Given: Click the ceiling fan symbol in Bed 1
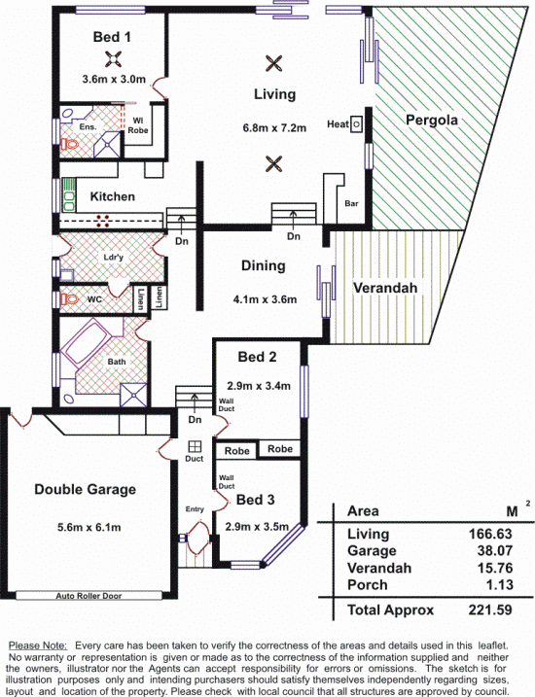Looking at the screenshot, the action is [114, 58].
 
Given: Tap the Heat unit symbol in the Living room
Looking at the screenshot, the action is [356, 124].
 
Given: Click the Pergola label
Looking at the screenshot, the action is [431, 120].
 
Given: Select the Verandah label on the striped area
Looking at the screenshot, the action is [385, 288].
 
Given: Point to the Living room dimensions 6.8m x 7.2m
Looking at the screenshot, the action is [274, 128].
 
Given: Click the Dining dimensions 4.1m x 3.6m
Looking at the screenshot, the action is [265, 299].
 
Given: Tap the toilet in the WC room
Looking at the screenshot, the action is [69, 299].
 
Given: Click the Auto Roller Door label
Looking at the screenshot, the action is [89, 596].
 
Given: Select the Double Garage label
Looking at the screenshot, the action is [85, 489].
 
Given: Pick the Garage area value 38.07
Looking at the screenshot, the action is [495, 551].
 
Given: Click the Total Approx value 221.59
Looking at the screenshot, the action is [490, 610].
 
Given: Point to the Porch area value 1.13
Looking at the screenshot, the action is [499, 584].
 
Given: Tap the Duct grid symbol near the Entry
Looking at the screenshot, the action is [195, 446].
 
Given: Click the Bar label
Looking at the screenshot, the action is [351, 203].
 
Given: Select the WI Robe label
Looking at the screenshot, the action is [138, 125].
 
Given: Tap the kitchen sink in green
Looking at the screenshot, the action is [68, 195].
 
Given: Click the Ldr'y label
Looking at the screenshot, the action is [114, 258].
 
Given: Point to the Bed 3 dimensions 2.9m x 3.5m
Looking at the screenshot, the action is [257, 527].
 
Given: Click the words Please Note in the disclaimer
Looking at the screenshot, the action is [38, 645].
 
